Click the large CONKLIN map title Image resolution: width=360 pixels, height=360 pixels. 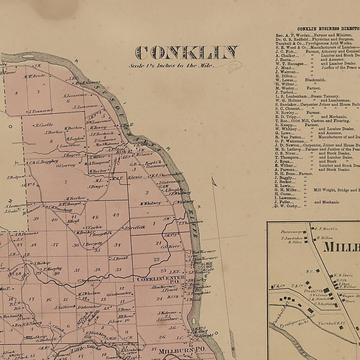pyautogui.click(x=186, y=53)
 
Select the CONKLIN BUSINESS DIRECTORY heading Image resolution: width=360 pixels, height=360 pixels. pyautogui.click(x=328, y=29)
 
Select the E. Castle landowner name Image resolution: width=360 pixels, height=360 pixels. pyautogui.click(x=44, y=125)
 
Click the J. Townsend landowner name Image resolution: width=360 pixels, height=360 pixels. pyautogui.click(x=41, y=111)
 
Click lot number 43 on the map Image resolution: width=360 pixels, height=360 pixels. pyautogui.click(x=115, y=215)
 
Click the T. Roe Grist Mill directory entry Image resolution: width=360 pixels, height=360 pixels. pyautogui.click(x=312, y=121)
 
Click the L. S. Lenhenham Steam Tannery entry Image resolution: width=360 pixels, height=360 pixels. pyautogui.click(x=307, y=97)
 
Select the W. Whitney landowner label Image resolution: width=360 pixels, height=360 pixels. pyautogui.click(x=150, y=203)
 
